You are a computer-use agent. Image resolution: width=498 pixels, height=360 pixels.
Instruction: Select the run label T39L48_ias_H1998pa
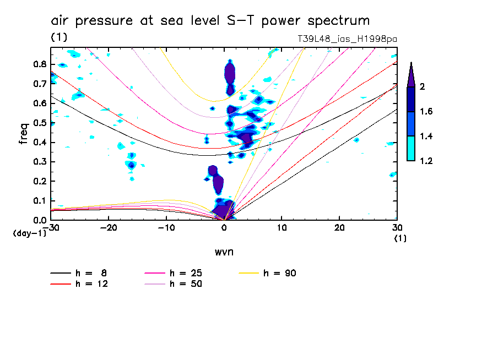(x=347, y=39)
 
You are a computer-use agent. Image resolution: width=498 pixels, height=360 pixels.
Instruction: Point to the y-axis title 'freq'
(x=24, y=133)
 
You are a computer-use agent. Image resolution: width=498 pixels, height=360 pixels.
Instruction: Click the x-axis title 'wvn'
(x=224, y=252)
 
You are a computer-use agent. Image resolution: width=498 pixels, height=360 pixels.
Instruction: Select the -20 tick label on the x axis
(x=109, y=228)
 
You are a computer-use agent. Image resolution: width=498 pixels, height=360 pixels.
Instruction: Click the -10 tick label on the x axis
(x=166, y=228)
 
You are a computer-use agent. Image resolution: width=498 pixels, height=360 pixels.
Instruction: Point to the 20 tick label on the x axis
(x=339, y=228)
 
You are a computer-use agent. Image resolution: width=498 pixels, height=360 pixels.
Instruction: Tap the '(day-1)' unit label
(x=29, y=233)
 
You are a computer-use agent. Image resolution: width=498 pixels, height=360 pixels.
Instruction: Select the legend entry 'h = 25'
(x=186, y=273)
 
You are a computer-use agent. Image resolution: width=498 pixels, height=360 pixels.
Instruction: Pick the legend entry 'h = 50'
(x=186, y=284)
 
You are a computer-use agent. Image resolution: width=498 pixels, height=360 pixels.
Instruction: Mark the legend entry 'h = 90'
(x=280, y=273)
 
